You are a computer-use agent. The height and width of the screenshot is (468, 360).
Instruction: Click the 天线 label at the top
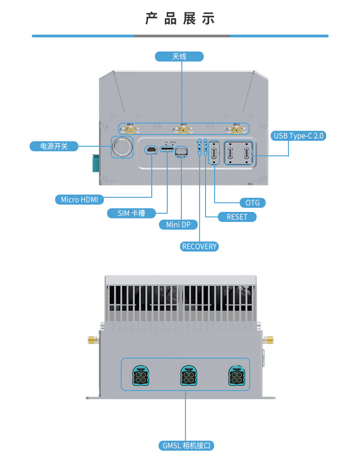tap(179, 57)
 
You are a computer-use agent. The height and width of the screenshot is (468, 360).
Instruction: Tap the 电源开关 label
tap(54, 146)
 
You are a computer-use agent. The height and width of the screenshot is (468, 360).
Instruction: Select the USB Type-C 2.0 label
tap(298, 136)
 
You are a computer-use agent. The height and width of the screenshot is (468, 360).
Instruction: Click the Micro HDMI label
tap(79, 200)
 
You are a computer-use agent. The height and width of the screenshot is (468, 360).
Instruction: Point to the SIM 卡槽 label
tap(131, 213)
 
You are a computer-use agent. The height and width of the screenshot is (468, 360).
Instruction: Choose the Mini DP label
tap(178, 225)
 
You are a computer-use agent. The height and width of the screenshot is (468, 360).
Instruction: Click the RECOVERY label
tap(199, 247)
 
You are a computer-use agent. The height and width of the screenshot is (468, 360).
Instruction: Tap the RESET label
tap(237, 217)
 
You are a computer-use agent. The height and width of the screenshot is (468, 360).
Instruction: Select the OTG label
tap(252, 203)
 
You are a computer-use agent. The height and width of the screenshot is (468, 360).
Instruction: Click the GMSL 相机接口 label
tap(186, 446)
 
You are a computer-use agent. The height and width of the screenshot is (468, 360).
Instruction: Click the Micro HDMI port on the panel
tap(151, 149)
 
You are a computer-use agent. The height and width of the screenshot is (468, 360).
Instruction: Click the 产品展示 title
tap(180, 19)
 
